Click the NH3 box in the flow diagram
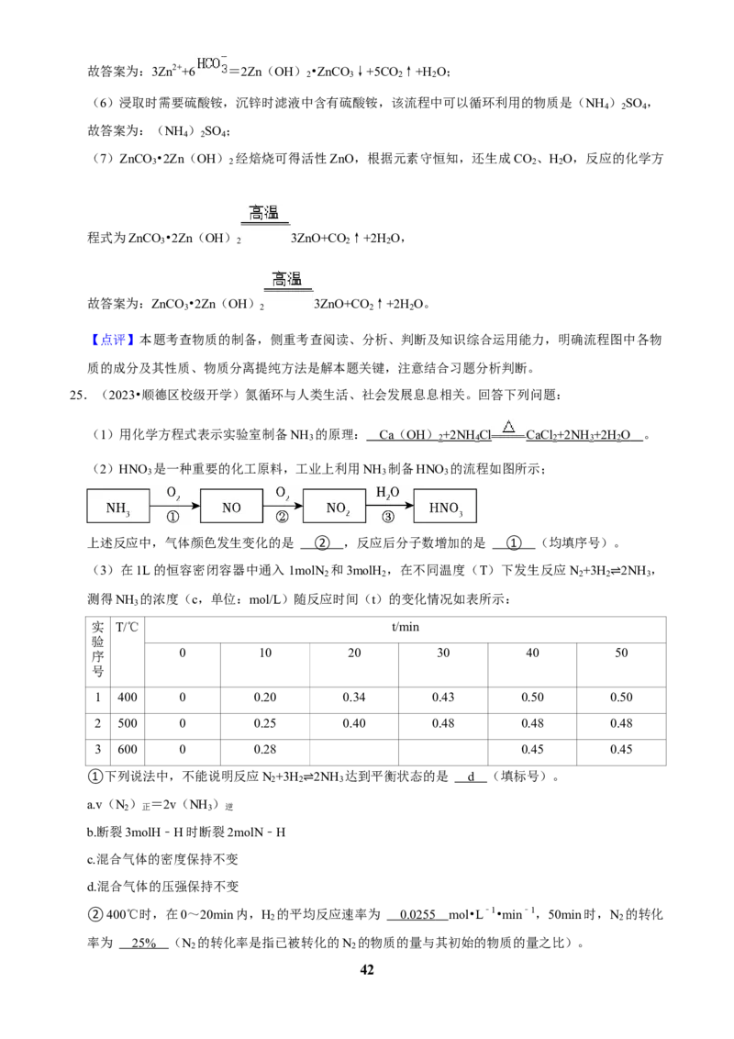[x=118, y=507]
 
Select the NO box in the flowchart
[x=231, y=507]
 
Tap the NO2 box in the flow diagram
[x=335, y=507]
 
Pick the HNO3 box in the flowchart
[x=445, y=507]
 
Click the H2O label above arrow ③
[x=387, y=492]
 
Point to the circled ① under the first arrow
[x=172, y=517]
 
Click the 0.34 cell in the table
[x=354, y=697]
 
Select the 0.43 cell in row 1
[x=443, y=697]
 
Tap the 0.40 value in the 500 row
[x=354, y=723]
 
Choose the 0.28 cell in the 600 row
[x=265, y=750]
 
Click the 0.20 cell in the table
[x=265, y=697]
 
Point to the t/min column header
[x=406, y=627]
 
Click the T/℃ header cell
[x=128, y=627]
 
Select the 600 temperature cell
[x=128, y=750]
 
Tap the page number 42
[x=367, y=969]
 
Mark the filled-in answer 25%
[x=144, y=943]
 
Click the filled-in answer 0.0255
[x=418, y=914]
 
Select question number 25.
[x=77, y=395]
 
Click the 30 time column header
[x=443, y=653]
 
